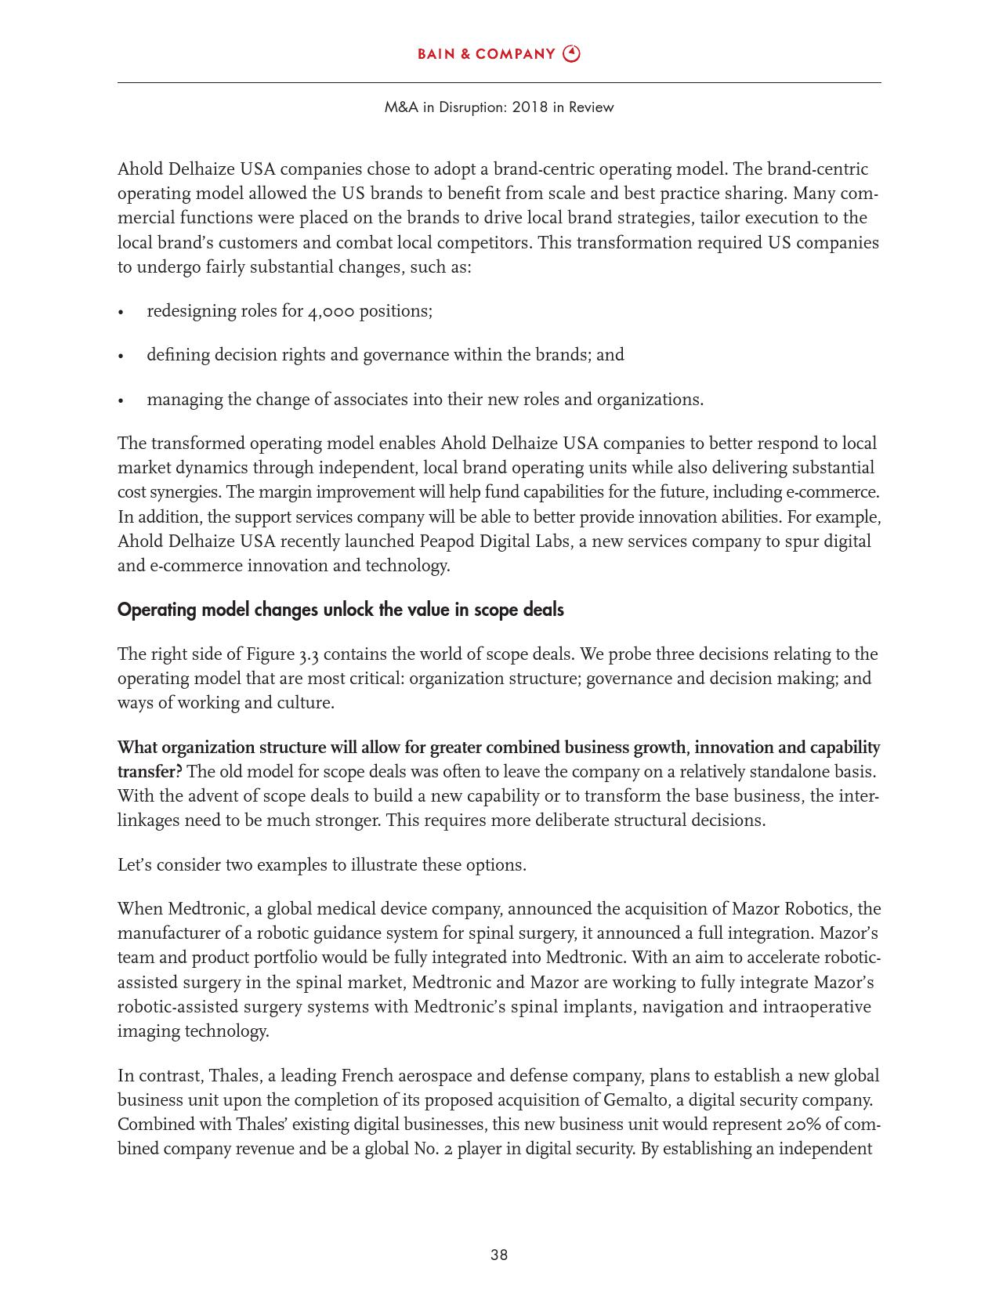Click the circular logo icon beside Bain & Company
572,54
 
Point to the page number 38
499,1255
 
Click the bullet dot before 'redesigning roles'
121,313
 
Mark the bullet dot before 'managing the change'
121,401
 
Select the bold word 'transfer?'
150,772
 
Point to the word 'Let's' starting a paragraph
136,865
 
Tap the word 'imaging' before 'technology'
148,1031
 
